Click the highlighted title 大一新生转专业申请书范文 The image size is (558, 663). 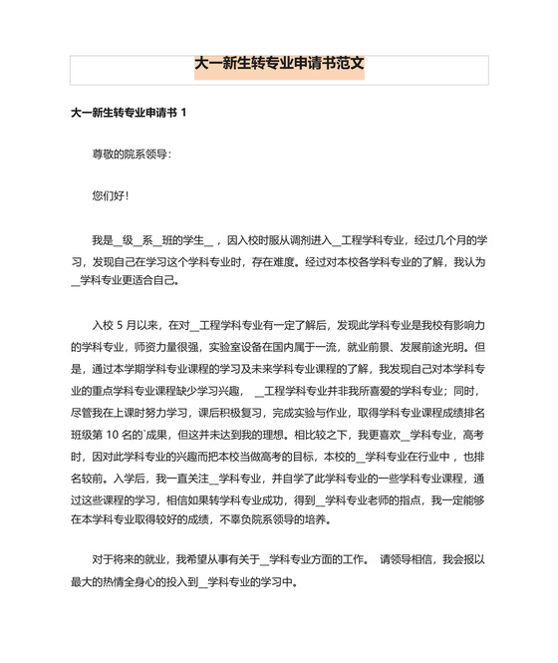(x=279, y=68)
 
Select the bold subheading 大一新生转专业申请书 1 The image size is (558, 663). (x=129, y=114)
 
